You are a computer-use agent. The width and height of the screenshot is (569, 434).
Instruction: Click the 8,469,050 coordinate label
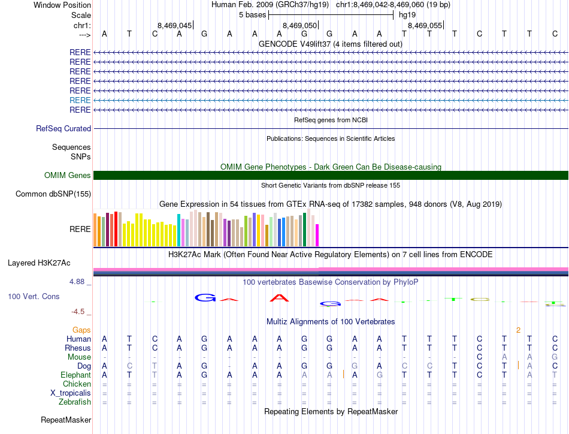pyautogui.click(x=299, y=26)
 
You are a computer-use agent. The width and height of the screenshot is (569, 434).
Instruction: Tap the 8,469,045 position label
pyautogui.click(x=174, y=26)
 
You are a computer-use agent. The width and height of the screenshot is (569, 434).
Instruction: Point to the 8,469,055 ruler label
pyautogui.click(x=425, y=26)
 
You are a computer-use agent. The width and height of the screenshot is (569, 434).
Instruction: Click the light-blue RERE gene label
pyautogui.click(x=80, y=100)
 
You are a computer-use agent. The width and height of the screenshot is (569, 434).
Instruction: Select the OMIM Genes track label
pyautogui.click(x=67, y=175)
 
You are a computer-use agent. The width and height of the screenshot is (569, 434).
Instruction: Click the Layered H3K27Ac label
pyautogui.click(x=39, y=263)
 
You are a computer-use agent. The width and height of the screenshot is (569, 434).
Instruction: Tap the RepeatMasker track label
pyautogui.click(x=66, y=420)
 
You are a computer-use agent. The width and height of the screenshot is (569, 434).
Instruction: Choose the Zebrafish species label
pyautogui.click(x=75, y=402)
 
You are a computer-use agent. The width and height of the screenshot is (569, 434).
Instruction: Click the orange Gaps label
pyautogui.click(x=81, y=330)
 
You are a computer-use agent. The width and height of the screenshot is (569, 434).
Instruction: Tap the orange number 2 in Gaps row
pyautogui.click(x=518, y=330)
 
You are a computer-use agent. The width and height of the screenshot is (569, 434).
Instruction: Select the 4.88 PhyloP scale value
pyautogui.click(x=80, y=281)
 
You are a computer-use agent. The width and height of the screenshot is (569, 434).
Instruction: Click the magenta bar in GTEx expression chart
pyautogui.click(x=317, y=234)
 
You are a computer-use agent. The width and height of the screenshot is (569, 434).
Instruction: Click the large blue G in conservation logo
pyautogui.click(x=205, y=297)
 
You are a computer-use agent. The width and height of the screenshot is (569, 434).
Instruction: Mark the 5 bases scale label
pyautogui.click(x=252, y=14)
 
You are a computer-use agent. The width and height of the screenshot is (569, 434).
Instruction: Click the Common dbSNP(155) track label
pyautogui.click(x=53, y=194)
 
